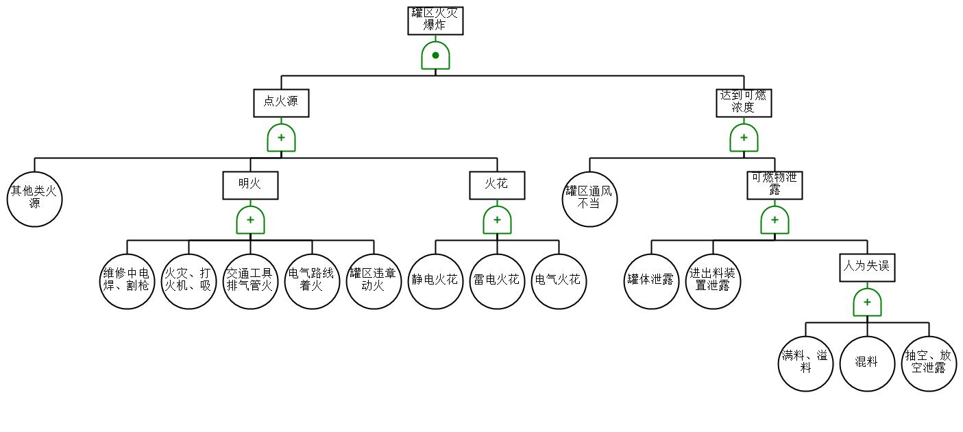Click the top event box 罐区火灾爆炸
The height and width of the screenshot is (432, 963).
[435, 21]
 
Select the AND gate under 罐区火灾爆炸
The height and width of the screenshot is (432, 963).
[435, 56]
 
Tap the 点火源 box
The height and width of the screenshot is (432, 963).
[281, 103]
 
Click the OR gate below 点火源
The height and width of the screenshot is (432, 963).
[281, 138]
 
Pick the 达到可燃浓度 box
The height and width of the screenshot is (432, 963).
[744, 103]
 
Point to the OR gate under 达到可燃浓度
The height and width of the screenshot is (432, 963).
[744, 138]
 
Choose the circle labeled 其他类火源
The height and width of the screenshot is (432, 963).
[34, 199]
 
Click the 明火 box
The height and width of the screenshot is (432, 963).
[250, 185]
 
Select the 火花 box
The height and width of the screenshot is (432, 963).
[497, 185]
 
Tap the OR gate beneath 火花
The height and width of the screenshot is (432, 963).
[497, 220]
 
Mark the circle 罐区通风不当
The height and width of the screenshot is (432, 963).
[589, 199]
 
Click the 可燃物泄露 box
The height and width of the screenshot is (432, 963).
[775, 185]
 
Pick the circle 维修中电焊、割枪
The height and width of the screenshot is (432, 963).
[127, 281]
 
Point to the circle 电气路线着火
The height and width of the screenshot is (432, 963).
[312, 281]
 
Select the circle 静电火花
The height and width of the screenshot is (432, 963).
[435, 281]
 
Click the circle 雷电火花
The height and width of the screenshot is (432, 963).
[497, 281]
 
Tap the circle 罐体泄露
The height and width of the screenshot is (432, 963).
[651, 281]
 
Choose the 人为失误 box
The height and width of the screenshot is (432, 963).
[867, 267]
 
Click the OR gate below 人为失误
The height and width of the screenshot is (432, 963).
[867, 302]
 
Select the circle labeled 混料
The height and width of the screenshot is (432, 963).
[867, 363]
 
